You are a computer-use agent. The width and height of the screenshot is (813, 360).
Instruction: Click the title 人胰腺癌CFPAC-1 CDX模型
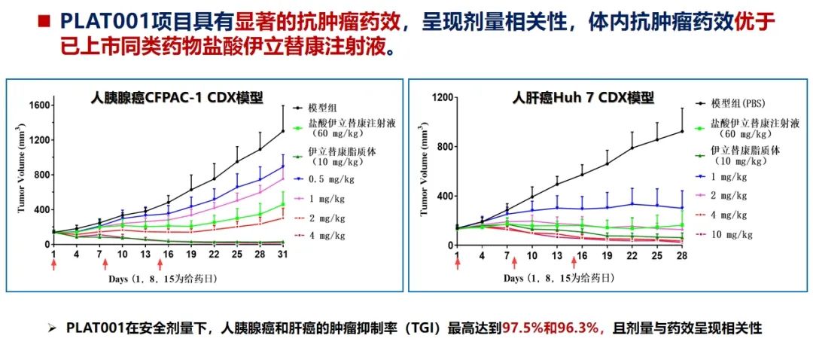tap(177, 98)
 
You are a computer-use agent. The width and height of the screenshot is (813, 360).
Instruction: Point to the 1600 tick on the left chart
tap(38, 105)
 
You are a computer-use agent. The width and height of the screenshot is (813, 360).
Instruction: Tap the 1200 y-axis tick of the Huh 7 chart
tap(441, 97)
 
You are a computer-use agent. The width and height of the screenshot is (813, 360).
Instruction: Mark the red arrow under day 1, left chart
tap(53, 264)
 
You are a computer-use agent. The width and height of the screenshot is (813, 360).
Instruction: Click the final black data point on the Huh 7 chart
tap(682, 131)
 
